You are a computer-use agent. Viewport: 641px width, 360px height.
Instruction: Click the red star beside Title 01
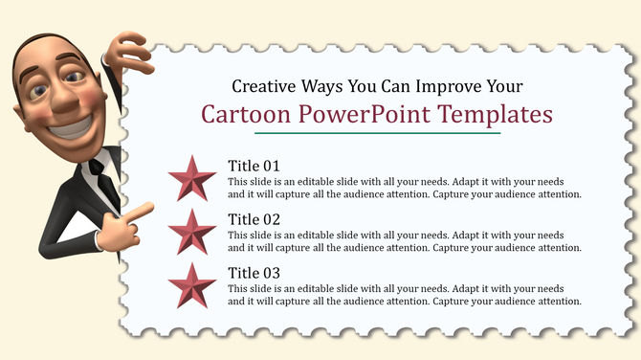pyautogui.click(x=191, y=179)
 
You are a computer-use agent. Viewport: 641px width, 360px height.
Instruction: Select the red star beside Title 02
pyautogui.click(x=191, y=232)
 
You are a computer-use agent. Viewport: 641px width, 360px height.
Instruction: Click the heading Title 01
pyautogui.click(x=254, y=166)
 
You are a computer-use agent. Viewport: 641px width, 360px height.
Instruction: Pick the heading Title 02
pyautogui.click(x=254, y=218)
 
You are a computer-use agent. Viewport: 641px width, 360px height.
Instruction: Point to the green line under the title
pyautogui.click(x=377, y=133)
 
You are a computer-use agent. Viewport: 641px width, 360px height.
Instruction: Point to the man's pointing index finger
pyautogui.click(x=143, y=208)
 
